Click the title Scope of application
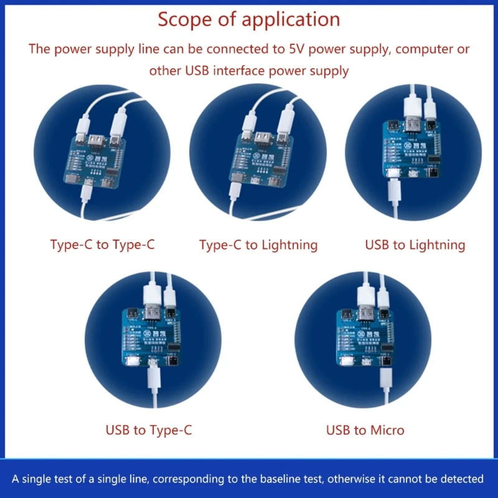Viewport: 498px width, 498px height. [x=248, y=19]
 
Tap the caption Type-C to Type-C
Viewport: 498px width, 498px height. [x=102, y=245]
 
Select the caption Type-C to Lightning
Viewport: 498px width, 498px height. [x=258, y=245]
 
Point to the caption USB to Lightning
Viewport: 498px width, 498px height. [x=415, y=245]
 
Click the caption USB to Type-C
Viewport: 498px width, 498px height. [x=149, y=430]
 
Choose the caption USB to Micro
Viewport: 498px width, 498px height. [x=365, y=430]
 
